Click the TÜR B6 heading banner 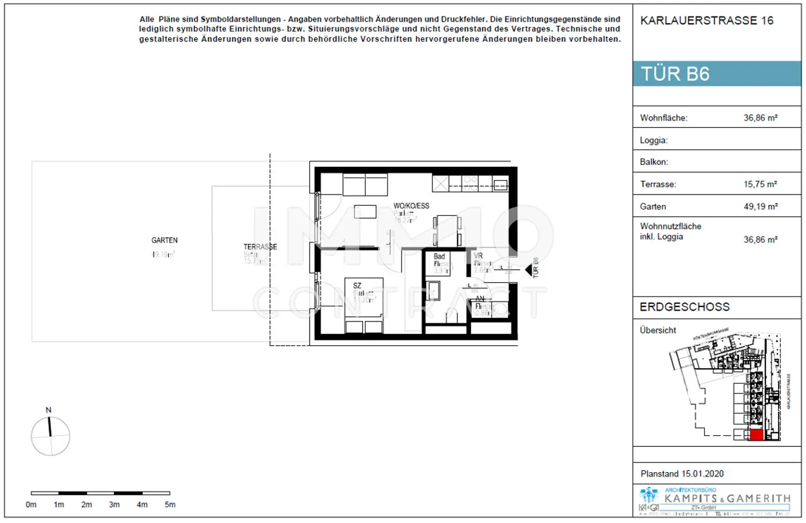coord(716,74)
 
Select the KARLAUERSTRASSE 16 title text coord(706,20)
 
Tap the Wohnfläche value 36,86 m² coord(760,118)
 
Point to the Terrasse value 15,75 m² coord(760,184)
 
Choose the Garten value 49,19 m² coord(760,207)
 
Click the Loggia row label coord(653,141)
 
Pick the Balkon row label coord(654,162)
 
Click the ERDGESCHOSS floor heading coord(684,307)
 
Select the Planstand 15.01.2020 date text coord(682,474)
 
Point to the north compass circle coord(50,436)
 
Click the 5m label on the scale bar coord(170,505)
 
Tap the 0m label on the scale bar coord(31,505)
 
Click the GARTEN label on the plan coord(164,240)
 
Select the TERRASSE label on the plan coord(260,247)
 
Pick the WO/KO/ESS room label coord(411,206)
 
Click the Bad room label coord(439,257)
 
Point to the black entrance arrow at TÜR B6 coord(529,270)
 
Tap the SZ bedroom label coord(357,286)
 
